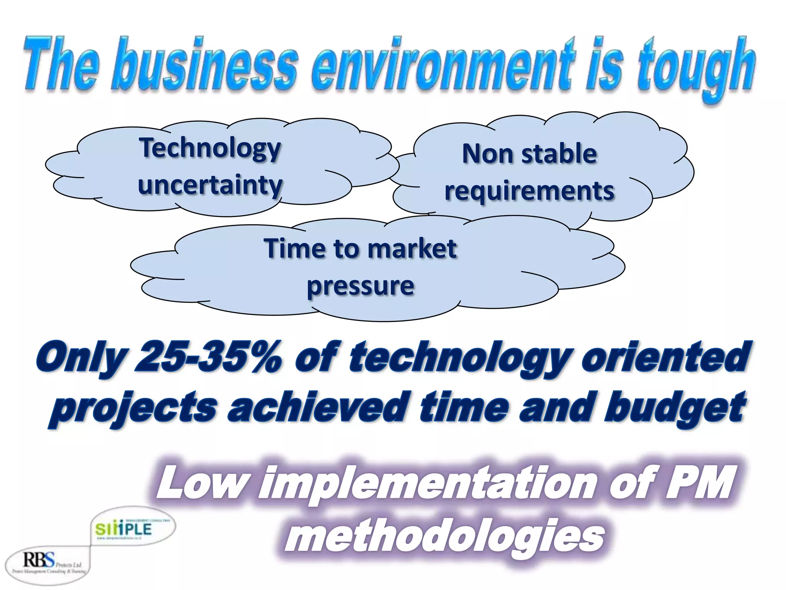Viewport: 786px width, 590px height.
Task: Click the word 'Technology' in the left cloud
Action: (210, 148)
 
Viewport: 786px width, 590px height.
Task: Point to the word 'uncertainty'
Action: (210, 185)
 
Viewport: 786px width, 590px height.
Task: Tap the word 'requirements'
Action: (529, 191)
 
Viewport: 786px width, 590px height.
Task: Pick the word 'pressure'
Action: (360, 286)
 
